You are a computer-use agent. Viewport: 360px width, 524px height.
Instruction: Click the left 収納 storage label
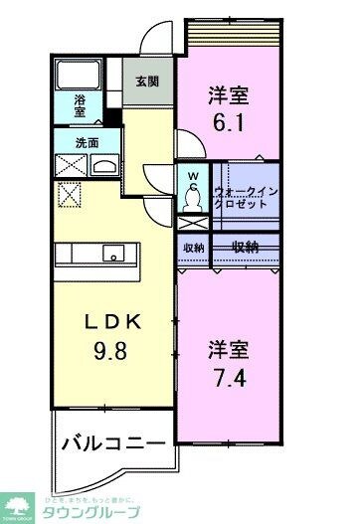point(193,248)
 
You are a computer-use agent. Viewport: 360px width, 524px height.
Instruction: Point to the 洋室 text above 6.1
point(228,96)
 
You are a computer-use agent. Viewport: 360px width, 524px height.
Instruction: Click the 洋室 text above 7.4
point(228,350)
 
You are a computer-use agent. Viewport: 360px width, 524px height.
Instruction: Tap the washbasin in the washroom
point(103,166)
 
